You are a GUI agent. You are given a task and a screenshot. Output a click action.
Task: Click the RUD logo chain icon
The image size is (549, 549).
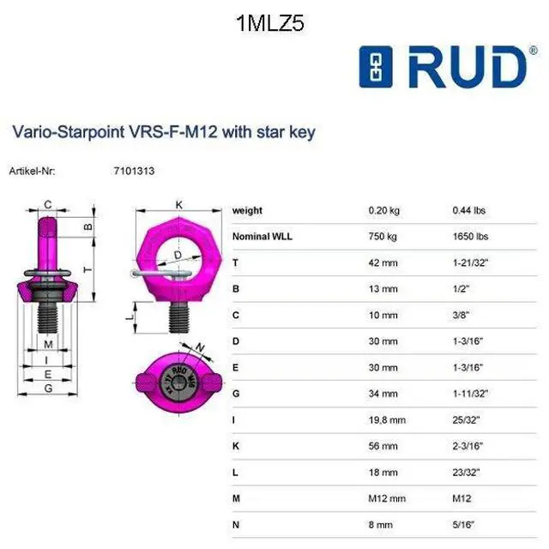376,67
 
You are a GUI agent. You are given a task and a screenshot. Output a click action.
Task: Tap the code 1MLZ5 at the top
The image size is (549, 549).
270,23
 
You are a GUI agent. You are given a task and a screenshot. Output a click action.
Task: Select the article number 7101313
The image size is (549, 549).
134,171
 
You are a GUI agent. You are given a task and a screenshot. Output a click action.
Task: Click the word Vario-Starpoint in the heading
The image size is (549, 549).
69,132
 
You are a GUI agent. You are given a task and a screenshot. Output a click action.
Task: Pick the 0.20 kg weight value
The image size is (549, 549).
383,210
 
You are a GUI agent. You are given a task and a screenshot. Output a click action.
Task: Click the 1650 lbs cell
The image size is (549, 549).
470,237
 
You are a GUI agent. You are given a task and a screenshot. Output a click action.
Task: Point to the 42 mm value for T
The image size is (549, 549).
383,262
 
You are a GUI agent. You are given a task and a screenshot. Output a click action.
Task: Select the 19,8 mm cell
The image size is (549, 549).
387,419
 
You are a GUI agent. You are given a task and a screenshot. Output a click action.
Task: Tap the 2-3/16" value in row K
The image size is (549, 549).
468,446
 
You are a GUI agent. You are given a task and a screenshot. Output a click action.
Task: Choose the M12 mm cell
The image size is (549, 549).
387,498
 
